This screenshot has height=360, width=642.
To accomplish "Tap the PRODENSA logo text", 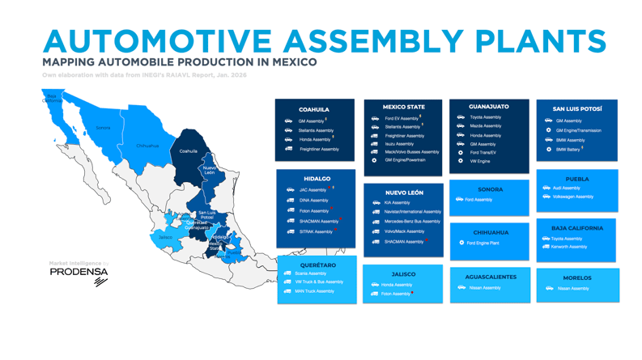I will coord(79,273).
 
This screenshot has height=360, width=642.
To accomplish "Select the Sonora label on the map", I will coord(103,128).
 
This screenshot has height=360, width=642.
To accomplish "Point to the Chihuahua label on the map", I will coord(147,146).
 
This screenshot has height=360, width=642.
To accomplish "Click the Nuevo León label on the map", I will coord(210,171).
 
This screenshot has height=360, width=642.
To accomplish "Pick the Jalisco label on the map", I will coord(165,237).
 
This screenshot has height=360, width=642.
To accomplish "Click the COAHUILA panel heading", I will coord(314,109).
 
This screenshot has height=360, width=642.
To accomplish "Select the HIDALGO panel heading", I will coord(317,179).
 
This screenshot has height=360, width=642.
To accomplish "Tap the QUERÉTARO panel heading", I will coord(317,265).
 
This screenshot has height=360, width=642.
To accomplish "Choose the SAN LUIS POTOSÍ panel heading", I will coord(576,109).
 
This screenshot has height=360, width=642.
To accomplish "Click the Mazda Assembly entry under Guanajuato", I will coord(485,126).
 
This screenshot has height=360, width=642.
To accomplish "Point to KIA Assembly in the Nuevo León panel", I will coord(397,203).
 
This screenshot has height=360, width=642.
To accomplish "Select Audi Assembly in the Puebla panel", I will coord(566,188).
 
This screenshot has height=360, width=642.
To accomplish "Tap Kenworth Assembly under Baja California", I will coord(569,247).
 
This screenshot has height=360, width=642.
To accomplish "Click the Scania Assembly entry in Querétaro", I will coord(311,273).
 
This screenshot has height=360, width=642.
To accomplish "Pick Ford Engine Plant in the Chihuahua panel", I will coord(483,243).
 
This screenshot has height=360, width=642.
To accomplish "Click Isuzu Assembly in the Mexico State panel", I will coord(399,144).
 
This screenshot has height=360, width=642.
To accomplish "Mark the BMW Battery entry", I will coord(568,150).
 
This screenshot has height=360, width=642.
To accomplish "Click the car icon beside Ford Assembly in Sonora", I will coord(459,199).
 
